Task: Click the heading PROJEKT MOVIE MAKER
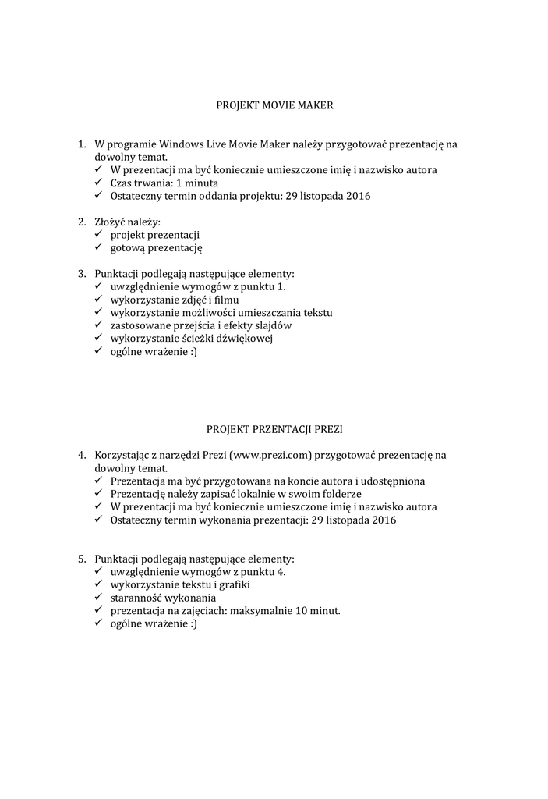click(x=274, y=103)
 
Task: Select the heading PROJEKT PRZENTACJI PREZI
click(x=274, y=428)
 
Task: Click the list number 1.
click(x=81, y=144)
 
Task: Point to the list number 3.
click(x=81, y=274)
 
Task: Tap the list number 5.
click(x=81, y=559)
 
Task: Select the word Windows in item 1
click(x=182, y=144)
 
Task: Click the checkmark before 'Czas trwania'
click(x=99, y=183)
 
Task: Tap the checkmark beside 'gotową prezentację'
click(x=99, y=248)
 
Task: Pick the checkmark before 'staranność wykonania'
click(x=99, y=598)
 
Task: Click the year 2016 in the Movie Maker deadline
click(x=358, y=196)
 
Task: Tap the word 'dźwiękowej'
click(x=244, y=339)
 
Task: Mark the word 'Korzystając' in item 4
click(x=123, y=455)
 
